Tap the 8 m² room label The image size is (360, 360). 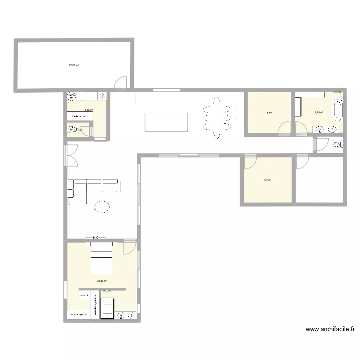[269, 113]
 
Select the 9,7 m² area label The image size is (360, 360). [267, 180]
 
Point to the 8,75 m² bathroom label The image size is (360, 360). [319, 112]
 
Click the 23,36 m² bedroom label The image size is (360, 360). [101, 281]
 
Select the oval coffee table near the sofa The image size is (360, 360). [101, 206]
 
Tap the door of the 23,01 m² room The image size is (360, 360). [121, 83]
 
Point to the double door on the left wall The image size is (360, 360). [70, 156]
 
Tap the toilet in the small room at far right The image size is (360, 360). [338, 144]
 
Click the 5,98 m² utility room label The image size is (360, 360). [88, 110]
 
